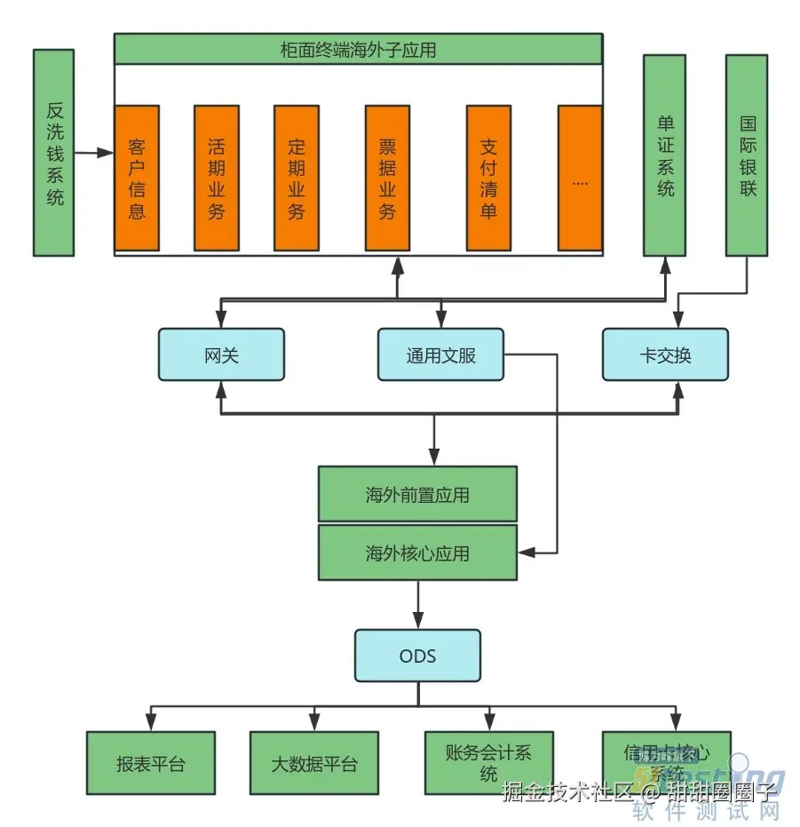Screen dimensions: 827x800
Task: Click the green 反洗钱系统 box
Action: pyautogui.click(x=53, y=152)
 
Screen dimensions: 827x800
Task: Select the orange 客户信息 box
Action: pyautogui.click(x=137, y=178)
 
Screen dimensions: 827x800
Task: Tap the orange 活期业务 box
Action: pyautogui.click(x=216, y=178)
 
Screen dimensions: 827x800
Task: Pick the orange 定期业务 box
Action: pyautogui.click(x=296, y=178)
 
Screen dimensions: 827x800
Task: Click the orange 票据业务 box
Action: pyautogui.click(x=387, y=178)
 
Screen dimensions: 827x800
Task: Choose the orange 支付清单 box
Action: pyautogui.click(x=488, y=178)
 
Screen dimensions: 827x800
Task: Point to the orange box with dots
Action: pyautogui.click(x=580, y=178)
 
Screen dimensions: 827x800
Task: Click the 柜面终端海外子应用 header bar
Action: pyautogui.click(x=358, y=49)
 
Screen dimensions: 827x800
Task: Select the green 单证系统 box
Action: pyautogui.click(x=664, y=155)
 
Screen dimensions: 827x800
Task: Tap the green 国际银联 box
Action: pyautogui.click(x=746, y=155)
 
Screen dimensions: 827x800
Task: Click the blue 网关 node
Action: pyautogui.click(x=221, y=355)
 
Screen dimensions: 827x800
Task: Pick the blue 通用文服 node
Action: pyautogui.click(x=440, y=355)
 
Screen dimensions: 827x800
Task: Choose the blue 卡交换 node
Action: pyautogui.click(x=665, y=355)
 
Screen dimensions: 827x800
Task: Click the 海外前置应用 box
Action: pyautogui.click(x=417, y=494)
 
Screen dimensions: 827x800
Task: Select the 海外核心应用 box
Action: pyautogui.click(x=417, y=553)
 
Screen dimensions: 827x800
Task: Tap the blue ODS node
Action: pyautogui.click(x=417, y=656)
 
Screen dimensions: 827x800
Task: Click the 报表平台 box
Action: pyautogui.click(x=150, y=762)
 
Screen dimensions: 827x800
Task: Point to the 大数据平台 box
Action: pyautogui.click(x=313, y=762)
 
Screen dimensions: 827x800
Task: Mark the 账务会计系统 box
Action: pyautogui.click(x=488, y=762)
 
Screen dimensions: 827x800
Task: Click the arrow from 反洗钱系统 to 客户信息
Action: pyautogui.click(x=94, y=153)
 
